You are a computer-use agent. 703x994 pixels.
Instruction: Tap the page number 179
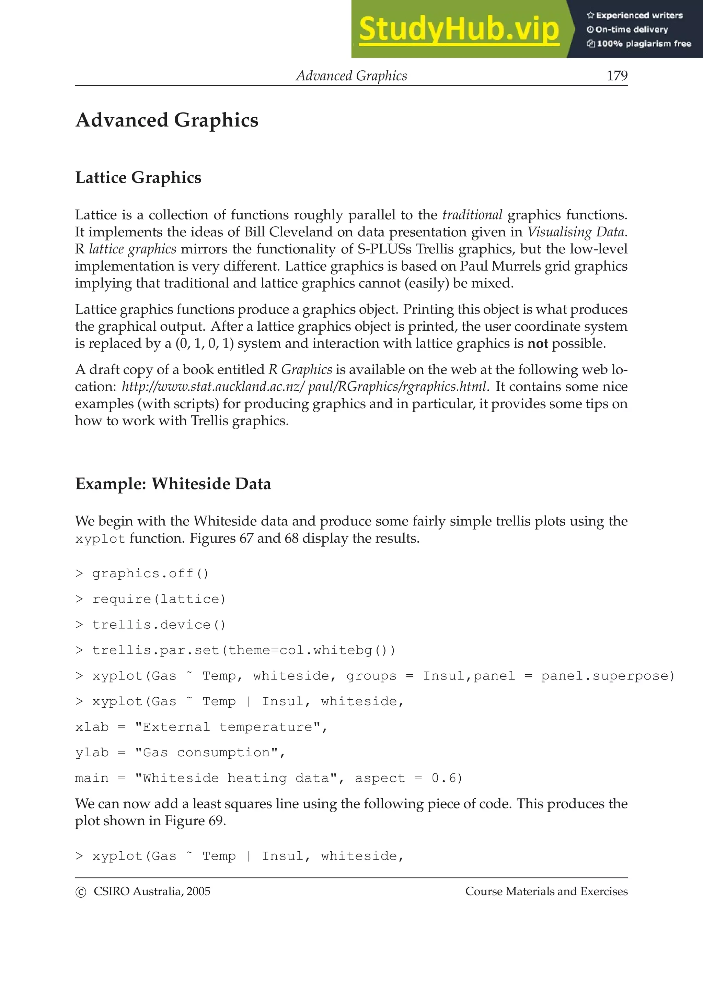click(617, 76)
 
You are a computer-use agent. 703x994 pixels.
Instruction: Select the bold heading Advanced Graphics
click(167, 120)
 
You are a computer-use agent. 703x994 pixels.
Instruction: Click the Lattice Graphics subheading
click(138, 178)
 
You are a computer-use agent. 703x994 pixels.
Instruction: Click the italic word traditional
click(472, 215)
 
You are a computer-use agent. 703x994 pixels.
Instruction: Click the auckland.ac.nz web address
click(303, 386)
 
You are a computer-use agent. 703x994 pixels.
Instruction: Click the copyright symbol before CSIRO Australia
click(81, 892)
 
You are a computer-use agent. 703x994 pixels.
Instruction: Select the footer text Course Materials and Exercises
click(546, 891)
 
